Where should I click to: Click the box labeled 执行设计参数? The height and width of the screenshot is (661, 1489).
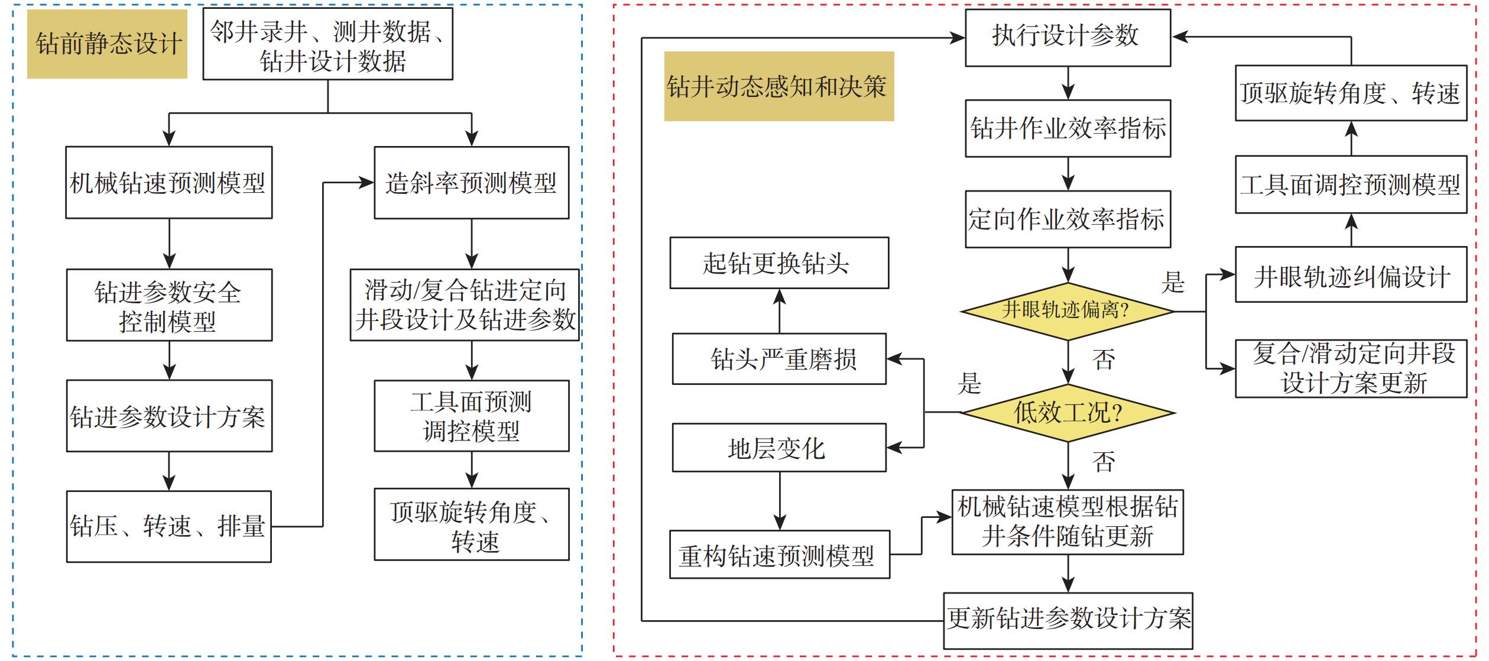tap(1067, 37)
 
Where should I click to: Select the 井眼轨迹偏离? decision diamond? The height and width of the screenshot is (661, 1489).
tap(1067, 311)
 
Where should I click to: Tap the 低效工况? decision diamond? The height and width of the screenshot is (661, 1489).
tap(1067, 413)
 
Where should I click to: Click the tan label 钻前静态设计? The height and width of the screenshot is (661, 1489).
tap(108, 44)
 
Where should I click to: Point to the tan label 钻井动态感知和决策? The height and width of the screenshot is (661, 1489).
tap(778, 86)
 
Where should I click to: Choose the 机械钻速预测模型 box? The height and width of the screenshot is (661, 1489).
tap(168, 183)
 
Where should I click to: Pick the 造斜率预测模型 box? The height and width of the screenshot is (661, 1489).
tap(471, 183)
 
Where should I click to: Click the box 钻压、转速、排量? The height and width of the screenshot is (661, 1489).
tap(168, 526)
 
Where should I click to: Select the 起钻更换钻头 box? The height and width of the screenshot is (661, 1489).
tap(778, 263)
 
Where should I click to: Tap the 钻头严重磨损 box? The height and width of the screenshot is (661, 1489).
tap(778, 359)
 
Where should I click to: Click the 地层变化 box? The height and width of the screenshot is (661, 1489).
tap(778, 448)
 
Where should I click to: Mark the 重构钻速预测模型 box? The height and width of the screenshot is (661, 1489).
tap(778, 555)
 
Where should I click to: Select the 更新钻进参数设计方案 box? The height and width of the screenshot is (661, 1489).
tap(1067, 620)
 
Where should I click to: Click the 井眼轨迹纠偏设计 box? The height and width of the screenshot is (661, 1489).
tap(1351, 275)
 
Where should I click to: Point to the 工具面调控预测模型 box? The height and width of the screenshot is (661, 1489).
tap(1351, 184)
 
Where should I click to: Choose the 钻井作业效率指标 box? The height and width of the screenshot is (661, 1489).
tap(1067, 128)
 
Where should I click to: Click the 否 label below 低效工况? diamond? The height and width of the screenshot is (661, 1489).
tap(1103, 462)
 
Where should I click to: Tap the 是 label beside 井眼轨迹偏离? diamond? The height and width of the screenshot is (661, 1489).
tap(1173, 282)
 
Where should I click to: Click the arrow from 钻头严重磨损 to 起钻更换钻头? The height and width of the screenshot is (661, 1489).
tap(780, 311)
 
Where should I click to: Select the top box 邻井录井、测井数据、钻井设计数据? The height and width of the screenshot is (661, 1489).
tap(327, 44)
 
